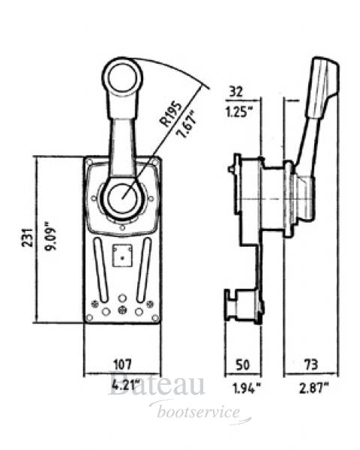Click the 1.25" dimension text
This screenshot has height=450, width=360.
239,113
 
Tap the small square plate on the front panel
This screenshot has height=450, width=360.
121,256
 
